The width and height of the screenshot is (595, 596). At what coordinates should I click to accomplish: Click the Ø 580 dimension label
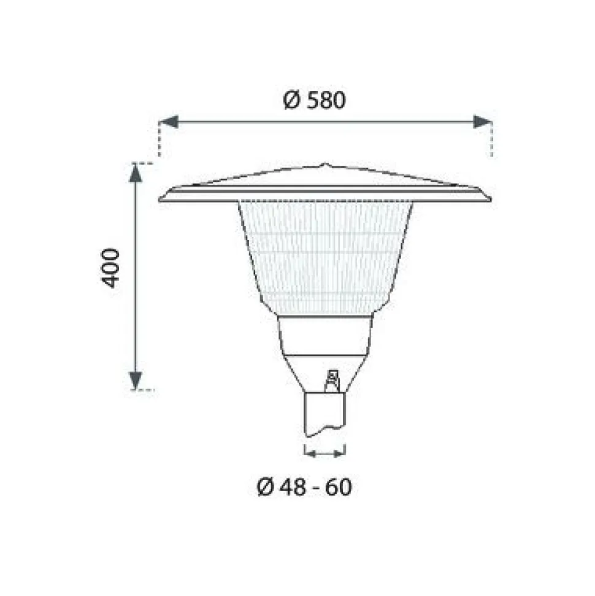(x=315, y=100)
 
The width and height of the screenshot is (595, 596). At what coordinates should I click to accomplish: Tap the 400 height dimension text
(x=110, y=268)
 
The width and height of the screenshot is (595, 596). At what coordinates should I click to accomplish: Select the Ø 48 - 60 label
(x=305, y=487)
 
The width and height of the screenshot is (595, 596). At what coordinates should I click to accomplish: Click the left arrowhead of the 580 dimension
(x=169, y=122)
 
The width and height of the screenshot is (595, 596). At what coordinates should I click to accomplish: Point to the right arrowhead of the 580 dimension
(x=483, y=122)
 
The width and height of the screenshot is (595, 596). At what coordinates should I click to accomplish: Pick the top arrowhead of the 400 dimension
(x=136, y=172)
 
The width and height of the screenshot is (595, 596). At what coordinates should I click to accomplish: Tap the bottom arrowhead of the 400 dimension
(x=136, y=381)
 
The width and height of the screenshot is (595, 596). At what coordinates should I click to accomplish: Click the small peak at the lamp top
(x=324, y=165)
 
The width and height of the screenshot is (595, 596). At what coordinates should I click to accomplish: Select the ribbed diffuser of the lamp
(x=325, y=257)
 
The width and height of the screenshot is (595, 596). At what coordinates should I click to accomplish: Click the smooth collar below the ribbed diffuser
(x=325, y=335)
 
